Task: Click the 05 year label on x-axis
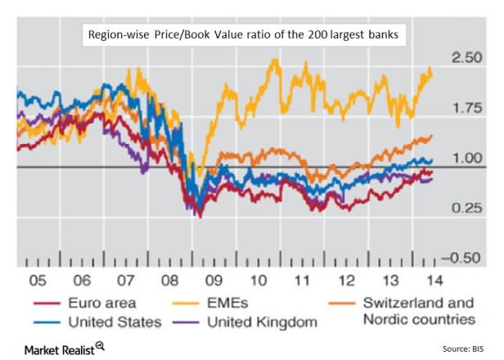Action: pyautogui.click(x=37, y=280)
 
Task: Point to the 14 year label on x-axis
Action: pyautogui.click(x=426, y=280)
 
